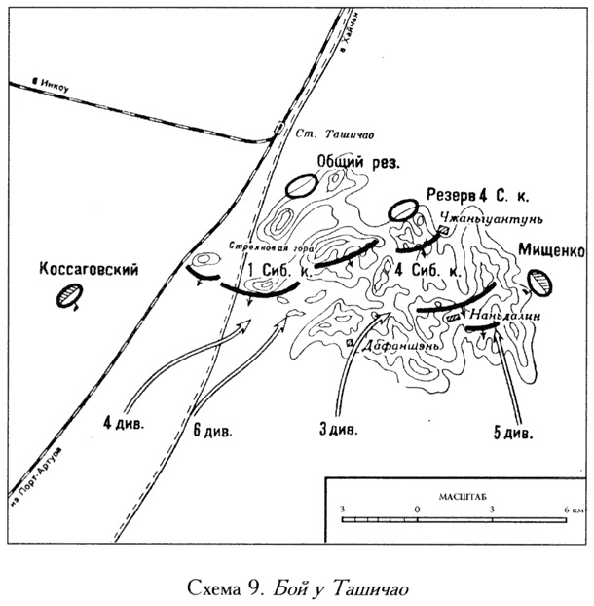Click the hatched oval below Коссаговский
[70, 298]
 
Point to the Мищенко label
[550, 251]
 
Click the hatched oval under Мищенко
[539, 283]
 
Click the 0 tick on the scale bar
[417, 510]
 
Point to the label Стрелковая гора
[267, 246]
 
